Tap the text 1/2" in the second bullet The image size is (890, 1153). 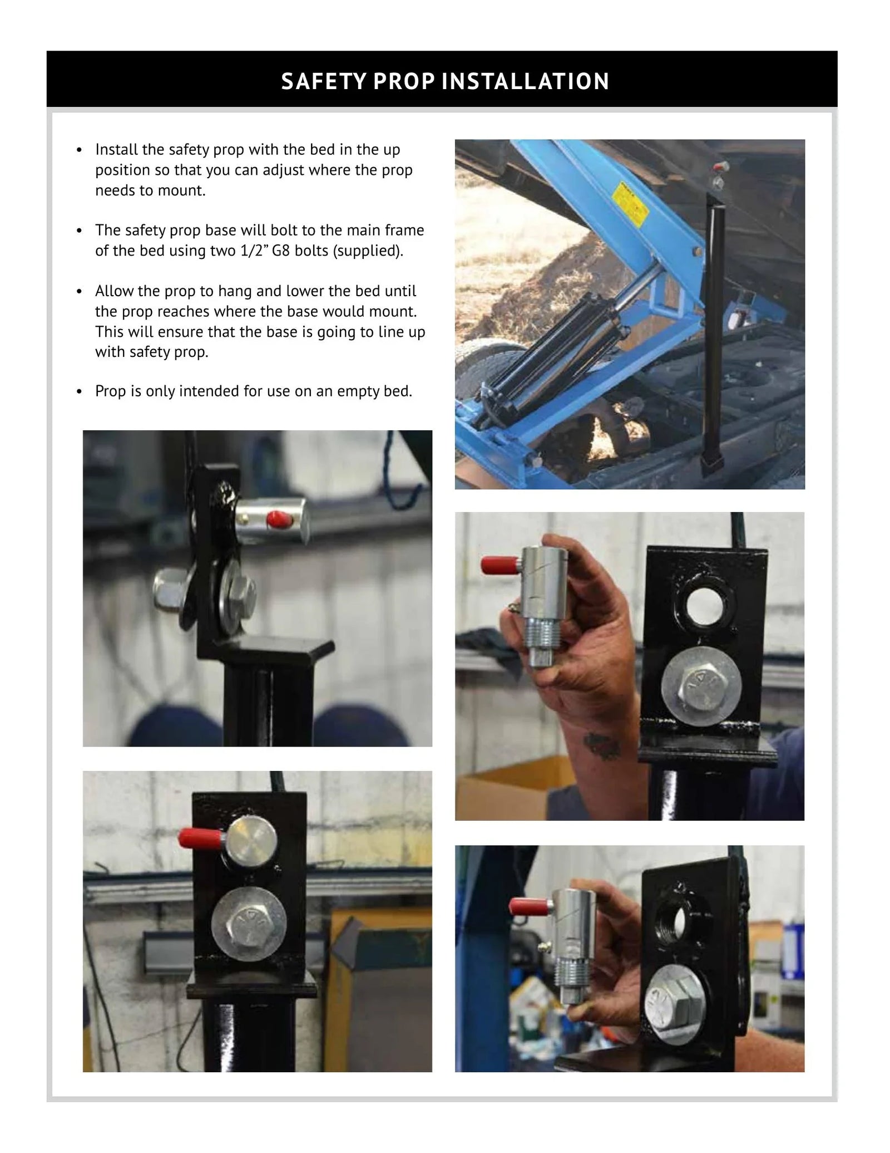pyautogui.click(x=254, y=251)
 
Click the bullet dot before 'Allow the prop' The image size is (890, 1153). pyautogui.click(x=80, y=292)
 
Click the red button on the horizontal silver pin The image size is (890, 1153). pyautogui.click(x=276, y=521)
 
